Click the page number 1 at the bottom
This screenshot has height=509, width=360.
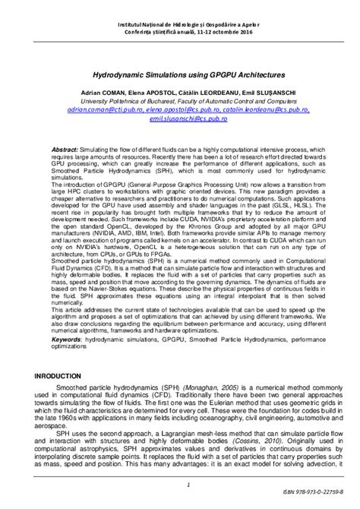178,485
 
